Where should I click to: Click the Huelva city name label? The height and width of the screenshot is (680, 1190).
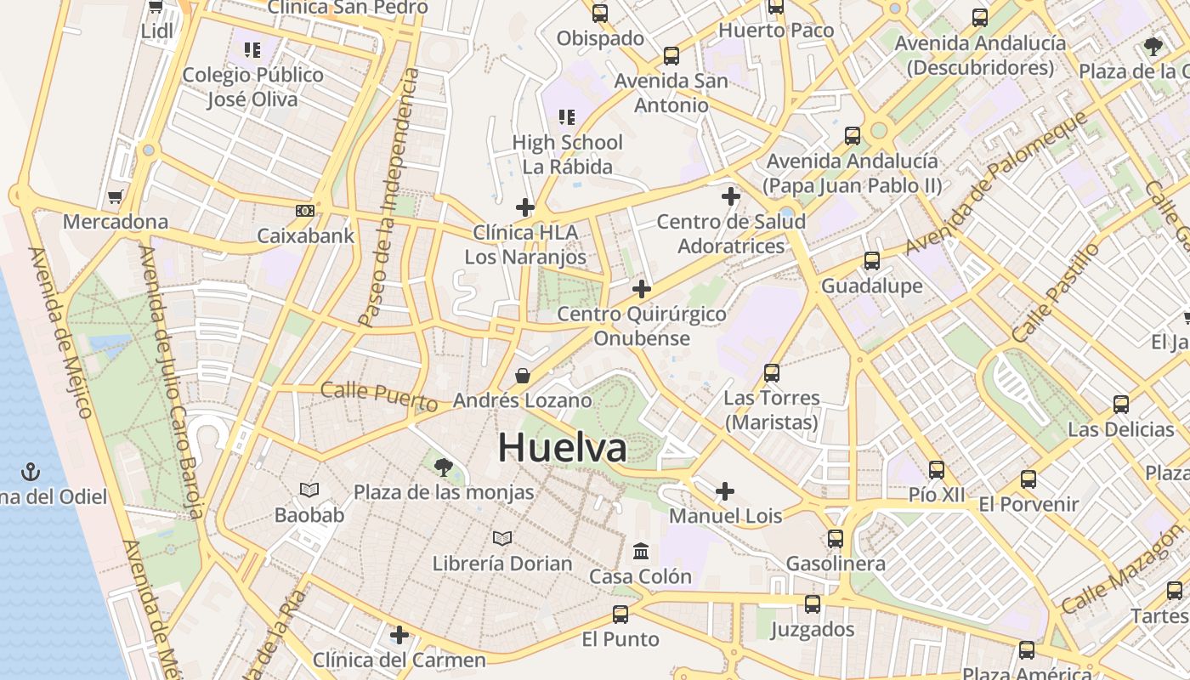click(x=563, y=448)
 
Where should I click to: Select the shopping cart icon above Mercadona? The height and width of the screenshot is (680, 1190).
click(x=115, y=197)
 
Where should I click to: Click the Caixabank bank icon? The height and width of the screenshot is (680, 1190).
click(x=305, y=210)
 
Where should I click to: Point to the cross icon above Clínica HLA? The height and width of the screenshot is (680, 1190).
click(x=525, y=207)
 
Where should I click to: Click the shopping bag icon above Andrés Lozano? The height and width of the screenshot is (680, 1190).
click(x=522, y=376)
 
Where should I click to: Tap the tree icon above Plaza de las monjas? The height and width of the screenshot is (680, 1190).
click(x=443, y=466)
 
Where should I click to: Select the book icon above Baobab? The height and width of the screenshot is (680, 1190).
click(x=309, y=490)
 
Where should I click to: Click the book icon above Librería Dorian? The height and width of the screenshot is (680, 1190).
click(x=502, y=538)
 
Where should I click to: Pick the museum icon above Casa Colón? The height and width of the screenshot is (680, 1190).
click(x=641, y=551)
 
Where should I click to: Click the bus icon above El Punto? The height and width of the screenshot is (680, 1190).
click(x=620, y=614)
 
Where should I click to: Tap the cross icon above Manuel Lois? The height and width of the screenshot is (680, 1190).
click(x=725, y=490)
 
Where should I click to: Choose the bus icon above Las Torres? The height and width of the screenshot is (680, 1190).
click(x=772, y=372)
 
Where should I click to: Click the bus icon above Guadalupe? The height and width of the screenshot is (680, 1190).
click(x=871, y=260)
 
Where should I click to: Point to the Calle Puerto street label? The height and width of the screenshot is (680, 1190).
click(x=379, y=395)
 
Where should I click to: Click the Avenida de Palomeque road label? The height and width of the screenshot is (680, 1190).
click(x=995, y=182)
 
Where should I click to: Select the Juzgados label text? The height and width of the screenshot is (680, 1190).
click(x=812, y=629)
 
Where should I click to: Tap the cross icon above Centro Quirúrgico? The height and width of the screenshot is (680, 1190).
click(x=642, y=289)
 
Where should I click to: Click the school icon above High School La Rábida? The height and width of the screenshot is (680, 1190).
click(x=567, y=117)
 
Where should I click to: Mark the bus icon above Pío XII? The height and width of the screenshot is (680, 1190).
click(x=937, y=469)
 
